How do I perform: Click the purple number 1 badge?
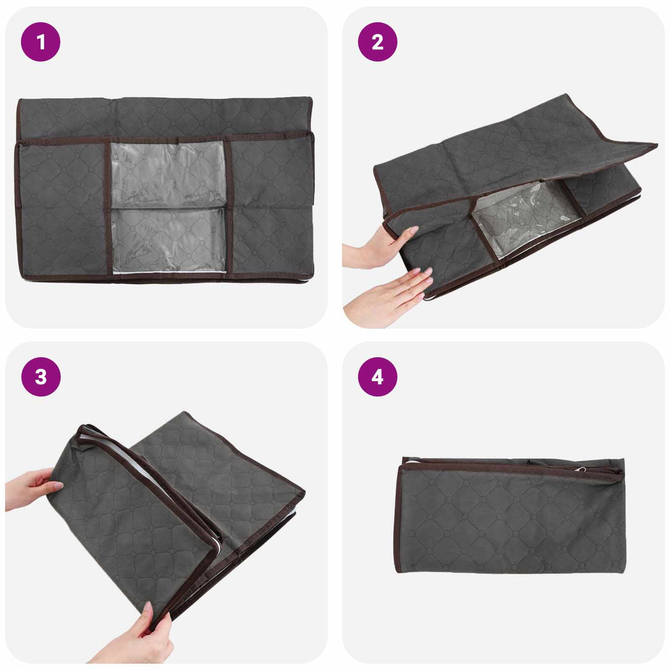(x=41, y=42)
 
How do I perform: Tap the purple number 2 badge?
(x=378, y=42)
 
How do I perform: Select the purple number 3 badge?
(x=41, y=376)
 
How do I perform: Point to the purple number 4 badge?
(x=378, y=376)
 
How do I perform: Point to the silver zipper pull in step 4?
(x=580, y=470)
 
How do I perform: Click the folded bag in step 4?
(x=510, y=515)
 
